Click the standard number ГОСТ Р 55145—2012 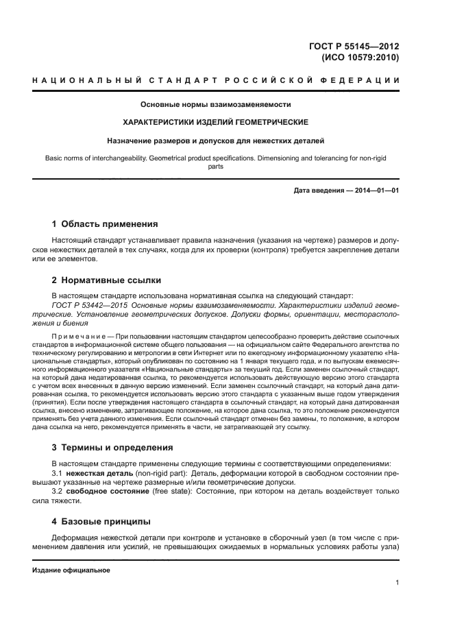(x=354, y=46)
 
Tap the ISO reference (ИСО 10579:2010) (x=360, y=58)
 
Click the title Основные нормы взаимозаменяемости (x=215, y=105)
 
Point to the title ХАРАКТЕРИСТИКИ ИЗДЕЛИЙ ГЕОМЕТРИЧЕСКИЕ (x=215, y=122)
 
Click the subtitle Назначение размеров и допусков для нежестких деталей (x=215, y=141)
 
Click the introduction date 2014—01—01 (x=374, y=191)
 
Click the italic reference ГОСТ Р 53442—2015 (x=86, y=305)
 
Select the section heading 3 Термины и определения (x=112, y=448)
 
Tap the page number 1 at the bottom (x=397, y=583)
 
